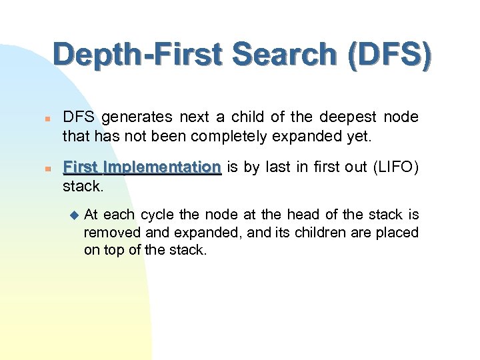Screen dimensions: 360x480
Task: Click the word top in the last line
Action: click(113, 251)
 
